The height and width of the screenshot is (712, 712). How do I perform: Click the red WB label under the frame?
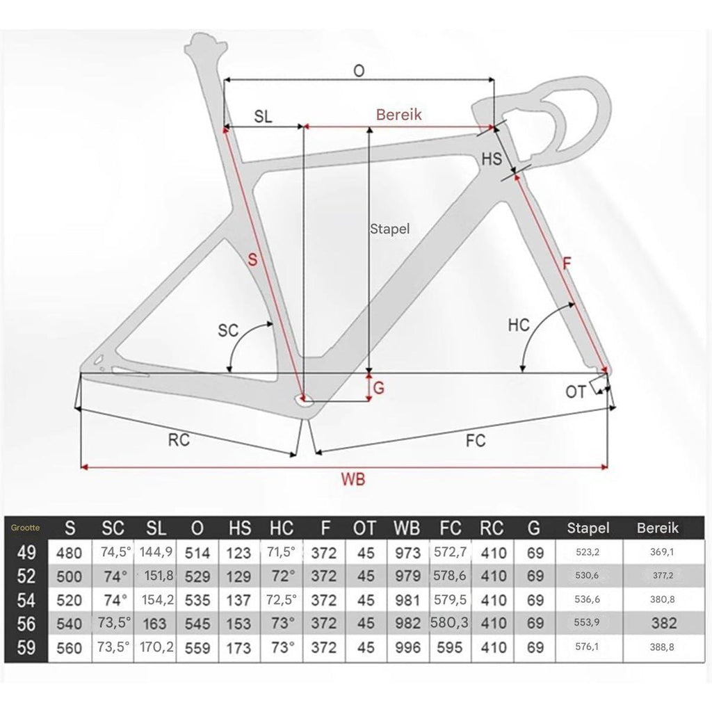pos(353,480)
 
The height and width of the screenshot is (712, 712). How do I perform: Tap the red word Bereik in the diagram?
pos(398,115)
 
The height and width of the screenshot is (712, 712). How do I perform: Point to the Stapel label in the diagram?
pos(389,228)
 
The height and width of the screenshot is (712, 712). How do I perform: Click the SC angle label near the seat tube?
pos(228,330)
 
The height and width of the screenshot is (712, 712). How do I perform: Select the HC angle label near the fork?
pos(519,325)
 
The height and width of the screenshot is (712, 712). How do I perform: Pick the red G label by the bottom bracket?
pos(379,388)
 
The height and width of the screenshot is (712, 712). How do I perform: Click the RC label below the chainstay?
pos(179,439)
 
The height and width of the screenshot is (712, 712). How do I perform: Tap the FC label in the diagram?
pos(476,440)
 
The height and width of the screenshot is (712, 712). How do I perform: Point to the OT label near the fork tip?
pos(576,392)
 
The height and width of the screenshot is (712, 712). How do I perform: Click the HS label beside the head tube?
pos(492,159)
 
